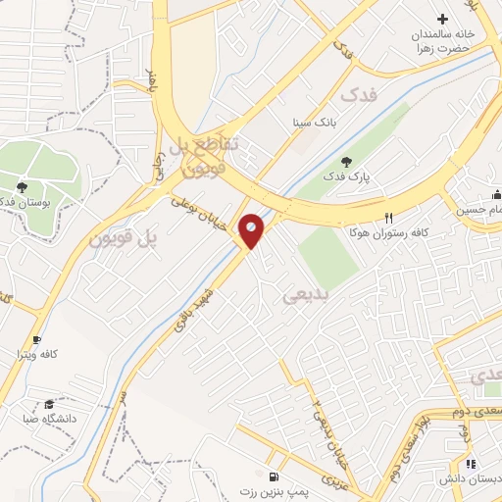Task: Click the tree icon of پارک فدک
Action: click(x=344, y=162)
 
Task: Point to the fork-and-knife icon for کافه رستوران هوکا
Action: click(x=389, y=218)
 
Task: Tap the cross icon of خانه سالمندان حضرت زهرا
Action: click(x=442, y=18)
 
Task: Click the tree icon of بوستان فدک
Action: click(x=22, y=186)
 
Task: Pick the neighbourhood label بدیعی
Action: click(x=303, y=294)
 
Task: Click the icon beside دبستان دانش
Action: click(x=470, y=464)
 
